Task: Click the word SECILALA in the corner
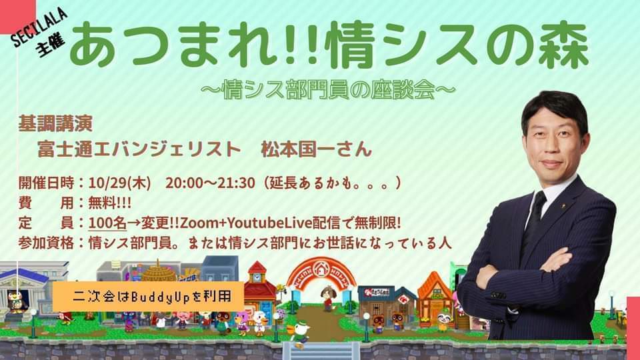click(39, 27)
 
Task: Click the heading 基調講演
click(55, 124)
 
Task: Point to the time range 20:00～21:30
click(210, 183)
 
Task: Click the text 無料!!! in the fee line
click(110, 203)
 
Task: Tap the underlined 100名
click(107, 223)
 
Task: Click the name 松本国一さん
click(316, 149)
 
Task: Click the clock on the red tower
click(256, 277)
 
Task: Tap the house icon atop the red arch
click(321, 268)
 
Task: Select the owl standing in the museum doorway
click(15, 301)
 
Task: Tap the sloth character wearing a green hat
click(444, 321)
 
